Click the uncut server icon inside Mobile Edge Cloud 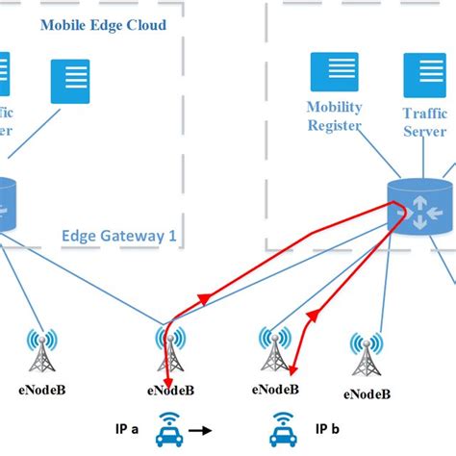click(69, 83)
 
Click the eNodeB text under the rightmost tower click(367, 393)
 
